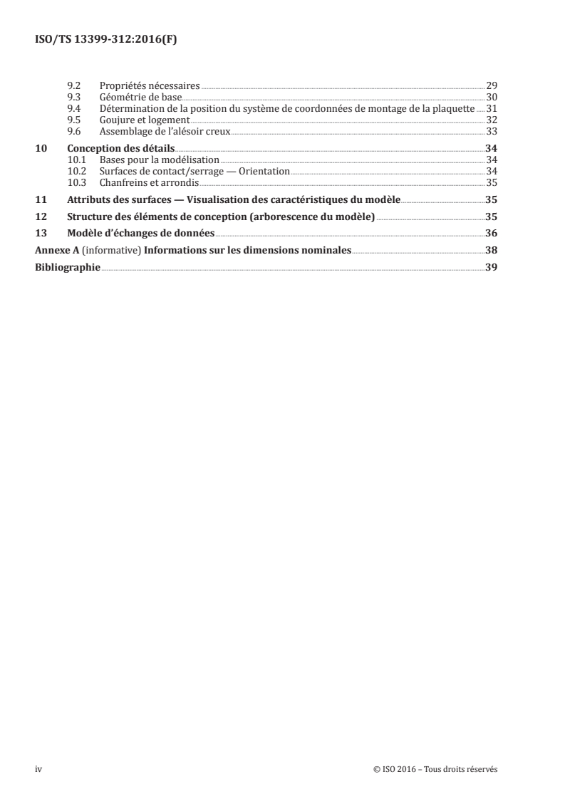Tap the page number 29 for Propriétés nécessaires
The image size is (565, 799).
(491, 85)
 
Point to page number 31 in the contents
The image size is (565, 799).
(491, 108)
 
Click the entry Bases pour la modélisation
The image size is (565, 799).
(160, 160)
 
